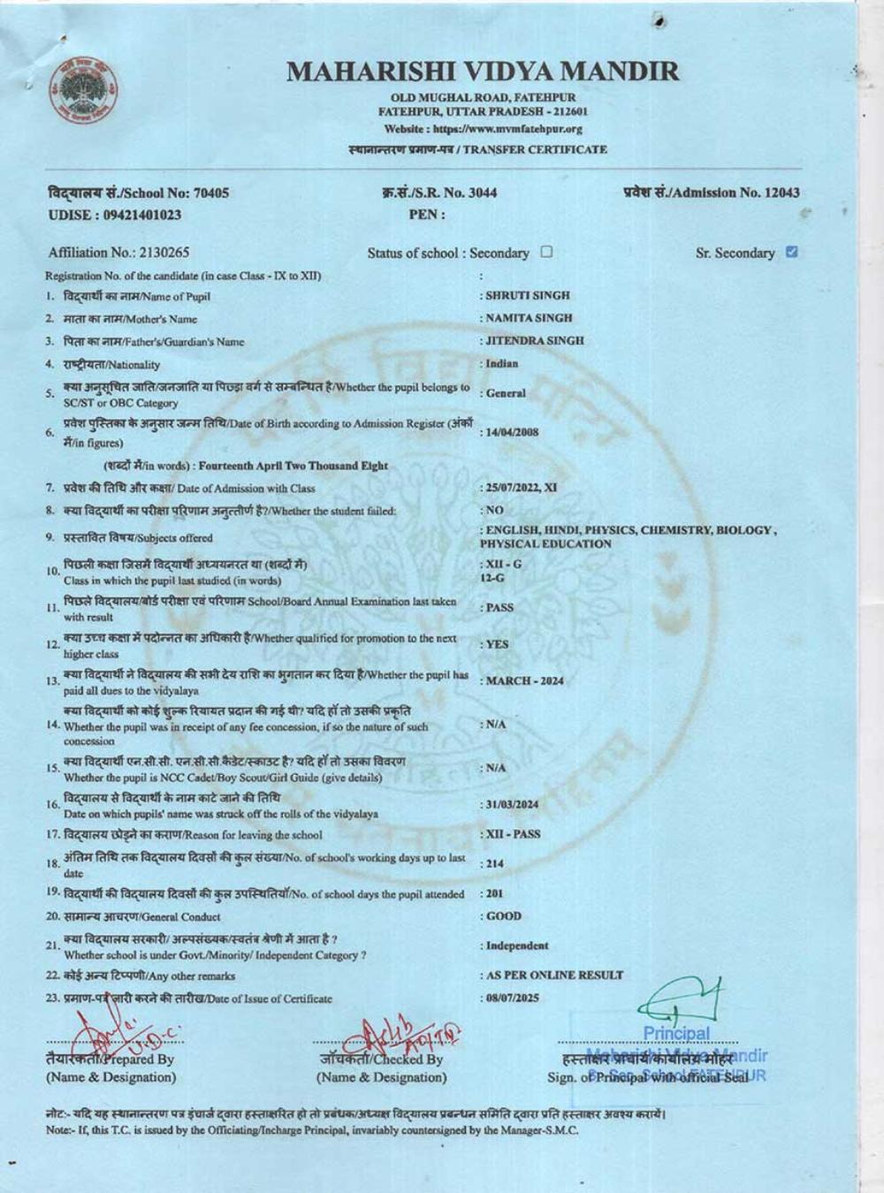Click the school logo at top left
tap(85, 91)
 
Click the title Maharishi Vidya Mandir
tap(483, 72)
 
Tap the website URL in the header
tap(483, 129)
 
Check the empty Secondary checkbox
tap(546, 252)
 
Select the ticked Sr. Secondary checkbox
tap(791, 252)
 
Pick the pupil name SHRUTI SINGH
tap(527, 295)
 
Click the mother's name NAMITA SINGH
tap(529, 318)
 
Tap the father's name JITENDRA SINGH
tap(534, 340)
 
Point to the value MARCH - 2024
tap(524, 680)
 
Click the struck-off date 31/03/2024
tap(512, 804)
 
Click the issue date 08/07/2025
tap(512, 998)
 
